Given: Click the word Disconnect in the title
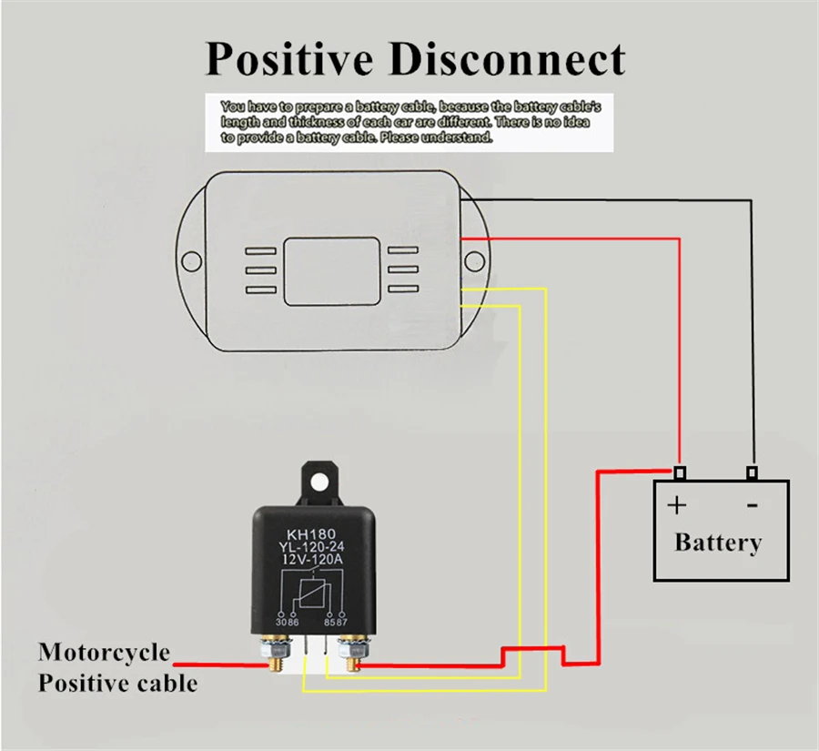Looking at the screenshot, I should (508, 60).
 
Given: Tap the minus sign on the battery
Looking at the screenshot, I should (752, 503).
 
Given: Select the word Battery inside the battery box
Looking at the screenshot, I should (718, 543).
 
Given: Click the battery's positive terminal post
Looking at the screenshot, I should (679, 473).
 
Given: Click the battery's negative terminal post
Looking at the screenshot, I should (752, 473).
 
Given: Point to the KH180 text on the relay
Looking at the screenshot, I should (313, 534).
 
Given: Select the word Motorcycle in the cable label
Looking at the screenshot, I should (104, 653).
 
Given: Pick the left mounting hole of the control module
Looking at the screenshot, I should (191, 263).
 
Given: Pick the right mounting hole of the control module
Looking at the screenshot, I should (473, 262).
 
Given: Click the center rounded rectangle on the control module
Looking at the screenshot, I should (331, 270).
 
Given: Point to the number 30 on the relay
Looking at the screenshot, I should (280, 622).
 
